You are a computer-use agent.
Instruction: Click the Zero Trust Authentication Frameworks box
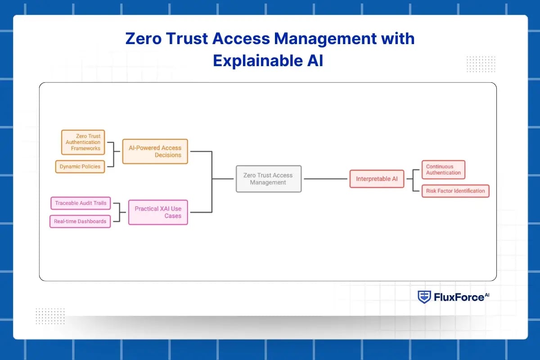tap(83, 142)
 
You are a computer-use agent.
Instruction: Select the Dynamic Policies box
tap(80, 166)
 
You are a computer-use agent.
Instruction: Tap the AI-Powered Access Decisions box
tap(155, 151)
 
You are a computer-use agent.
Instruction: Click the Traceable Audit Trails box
tap(81, 203)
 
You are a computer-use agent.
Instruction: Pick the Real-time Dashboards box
tap(80, 221)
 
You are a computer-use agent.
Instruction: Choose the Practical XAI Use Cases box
tap(158, 212)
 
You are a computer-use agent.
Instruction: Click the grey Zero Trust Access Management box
tap(268, 179)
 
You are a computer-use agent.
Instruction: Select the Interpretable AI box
tap(377, 179)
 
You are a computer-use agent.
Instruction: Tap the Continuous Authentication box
tap(443, 170)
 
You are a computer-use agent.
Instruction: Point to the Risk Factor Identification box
tap(455, 191)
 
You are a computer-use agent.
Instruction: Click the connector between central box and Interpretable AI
tap(325, 179)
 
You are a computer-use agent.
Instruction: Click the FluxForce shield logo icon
tap(424, 297)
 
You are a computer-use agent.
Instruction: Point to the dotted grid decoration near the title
tap(481, 64)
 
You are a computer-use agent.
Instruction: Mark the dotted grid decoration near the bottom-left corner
tap(50, 315)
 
